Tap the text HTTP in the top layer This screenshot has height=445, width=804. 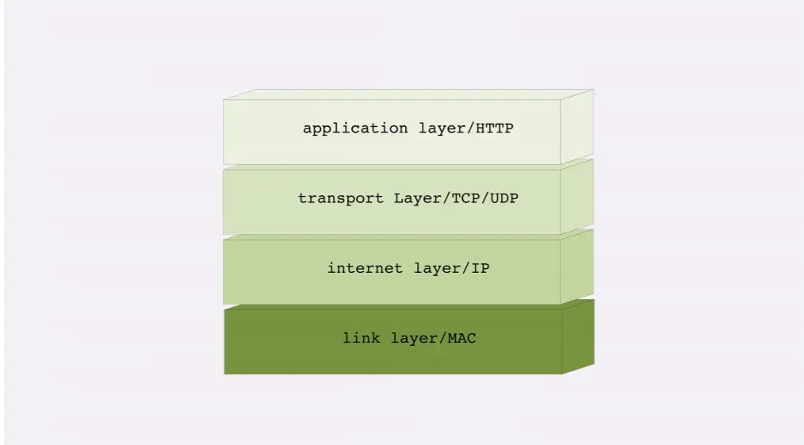[495, 129]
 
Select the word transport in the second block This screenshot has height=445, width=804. [342, 198]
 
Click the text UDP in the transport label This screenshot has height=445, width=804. [504, 198]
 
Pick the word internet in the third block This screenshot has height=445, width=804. [366, 268]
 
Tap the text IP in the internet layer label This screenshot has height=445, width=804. [480, 268]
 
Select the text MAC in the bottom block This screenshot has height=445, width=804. [462, 339]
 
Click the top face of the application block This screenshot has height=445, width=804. [408, 94]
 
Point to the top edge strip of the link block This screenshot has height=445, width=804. [408, 305]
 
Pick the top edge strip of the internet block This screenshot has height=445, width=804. [408, 236]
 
